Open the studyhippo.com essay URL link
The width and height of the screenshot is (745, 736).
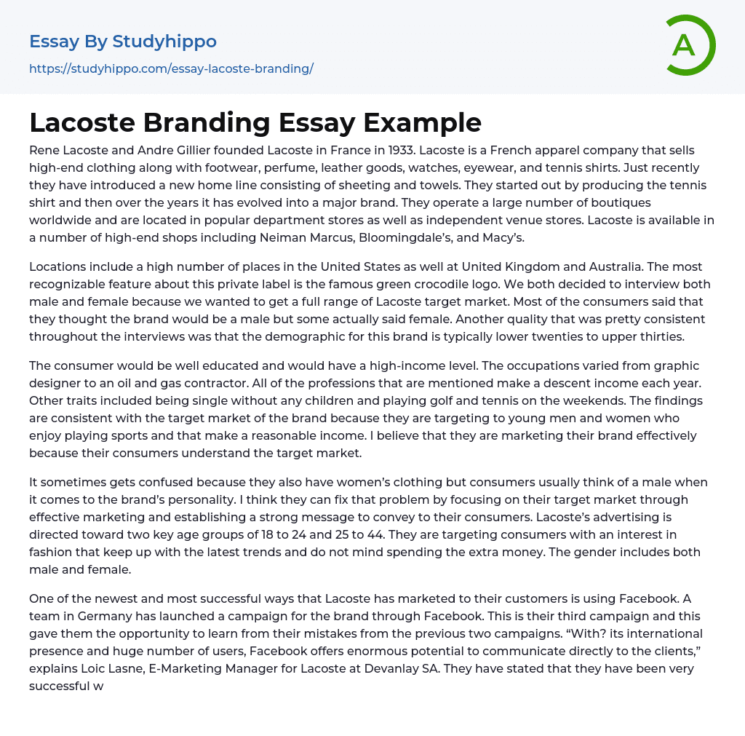coord(171,69)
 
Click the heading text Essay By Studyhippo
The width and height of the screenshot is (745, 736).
coord(123,41)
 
